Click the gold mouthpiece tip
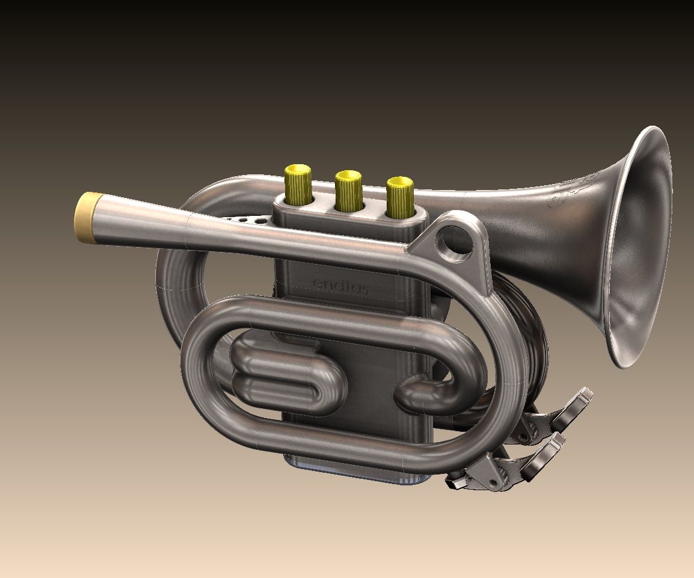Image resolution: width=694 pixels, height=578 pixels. click(86, 217)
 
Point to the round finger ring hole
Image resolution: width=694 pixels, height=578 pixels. click(455, 244)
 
